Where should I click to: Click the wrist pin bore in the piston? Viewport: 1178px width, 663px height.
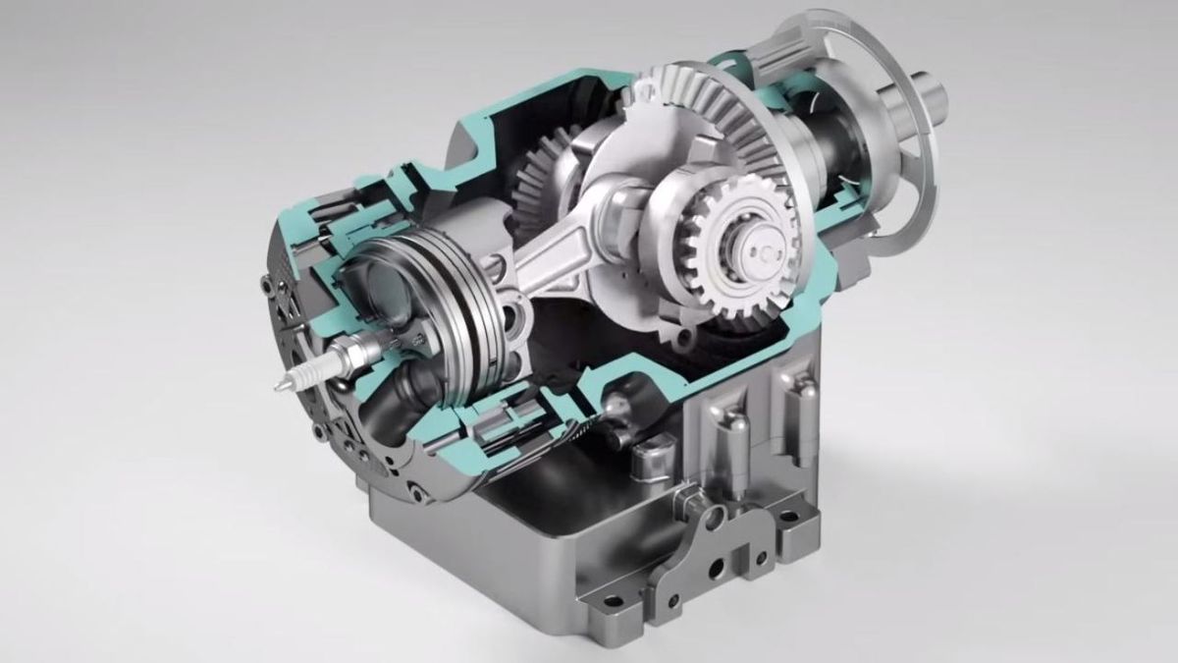coord(511,313)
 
